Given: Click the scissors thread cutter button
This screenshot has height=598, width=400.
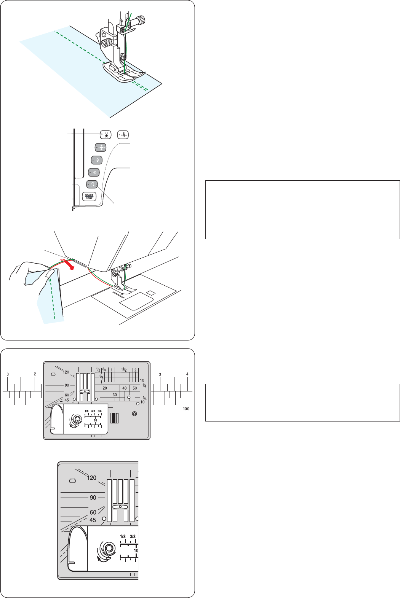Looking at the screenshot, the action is pyautogui.click(x=106, y=135).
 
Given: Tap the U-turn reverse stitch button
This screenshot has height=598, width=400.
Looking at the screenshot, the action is pyautogui.click(x=92, y=184).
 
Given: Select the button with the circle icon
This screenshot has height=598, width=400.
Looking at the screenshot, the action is pyautogui.click(x=94, y=172).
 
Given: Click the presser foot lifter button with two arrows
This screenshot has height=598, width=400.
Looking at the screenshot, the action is pyautogui.click(x=101, y=147).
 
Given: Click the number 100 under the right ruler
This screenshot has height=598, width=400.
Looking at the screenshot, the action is pyautogui.click(x=186, y=409).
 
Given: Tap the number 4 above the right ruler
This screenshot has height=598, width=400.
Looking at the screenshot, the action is pyautogui.click(x=187, y=374).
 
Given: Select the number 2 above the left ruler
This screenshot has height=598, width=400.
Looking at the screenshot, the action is pyautogui.click(x=35, y=374).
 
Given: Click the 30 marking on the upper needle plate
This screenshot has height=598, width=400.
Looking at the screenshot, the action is pyautogui.click(x=115, y=395).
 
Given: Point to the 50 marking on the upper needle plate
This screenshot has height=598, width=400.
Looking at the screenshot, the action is pyautogui.click(x=134, y=388).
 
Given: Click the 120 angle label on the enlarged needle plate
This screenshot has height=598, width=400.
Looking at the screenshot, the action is pyautogui.click(x=92, y=478).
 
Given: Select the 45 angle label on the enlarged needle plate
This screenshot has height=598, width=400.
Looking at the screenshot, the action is pyautogui.click(x=93, y=520).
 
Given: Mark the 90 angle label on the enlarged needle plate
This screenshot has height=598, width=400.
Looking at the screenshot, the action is pyautogui.click(x=93, y=498).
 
